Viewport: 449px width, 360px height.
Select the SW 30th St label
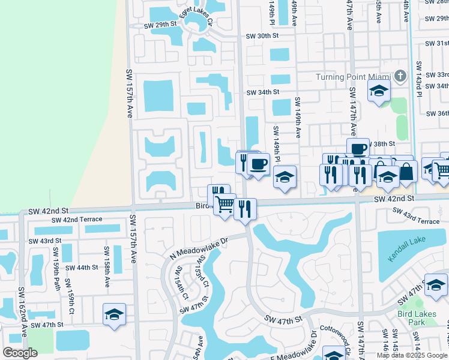pyautogui.click(x=263, y=36)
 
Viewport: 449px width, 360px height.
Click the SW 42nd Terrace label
pyautogui.click(x=77, y=220)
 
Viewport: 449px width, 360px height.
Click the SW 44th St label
pyautogui.click(x=81, y=268)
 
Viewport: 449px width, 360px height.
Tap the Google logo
pyautogui.click(x=20, y=353)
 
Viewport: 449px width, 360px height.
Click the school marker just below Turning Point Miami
pyautogui.click(x=379, y=91)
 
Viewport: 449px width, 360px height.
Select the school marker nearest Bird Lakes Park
pyautogui.click(x=436, y=284)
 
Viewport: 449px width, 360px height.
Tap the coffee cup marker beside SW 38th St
pyautogui.click(x=358, y=148)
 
